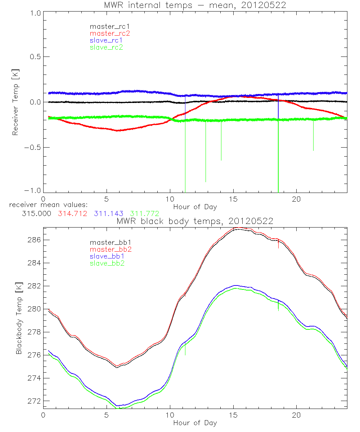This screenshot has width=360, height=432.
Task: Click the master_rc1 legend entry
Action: coord(107,26)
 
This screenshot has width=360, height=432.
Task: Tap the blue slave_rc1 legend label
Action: coord(107,40)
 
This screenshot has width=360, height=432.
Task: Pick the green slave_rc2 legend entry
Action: coord(107,47)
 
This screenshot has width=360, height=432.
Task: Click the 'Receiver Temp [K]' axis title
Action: coord(15,102)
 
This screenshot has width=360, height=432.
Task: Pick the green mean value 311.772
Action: coord(144,214)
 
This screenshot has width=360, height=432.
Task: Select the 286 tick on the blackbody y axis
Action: coord(35,240)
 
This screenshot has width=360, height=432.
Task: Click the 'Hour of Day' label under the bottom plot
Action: coord(195,423)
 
